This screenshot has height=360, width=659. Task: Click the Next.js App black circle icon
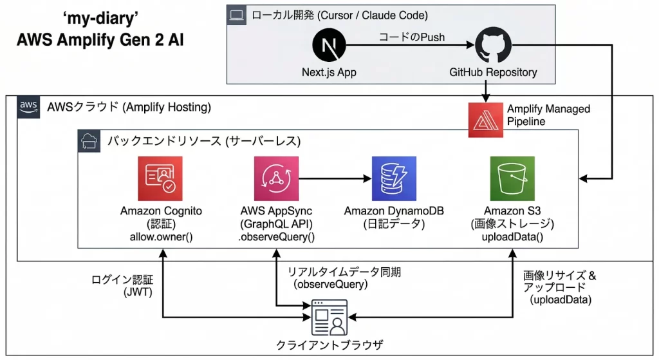[329, 47]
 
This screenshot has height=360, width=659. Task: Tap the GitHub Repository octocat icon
[493, 47]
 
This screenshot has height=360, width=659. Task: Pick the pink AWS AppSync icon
[276, 178]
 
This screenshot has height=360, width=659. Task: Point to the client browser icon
[329, 317]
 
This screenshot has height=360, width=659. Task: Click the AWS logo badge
[28, 106]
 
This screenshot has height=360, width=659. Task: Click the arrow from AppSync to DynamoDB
[335, 178]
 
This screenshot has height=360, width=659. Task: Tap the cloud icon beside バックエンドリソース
[88, 140]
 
